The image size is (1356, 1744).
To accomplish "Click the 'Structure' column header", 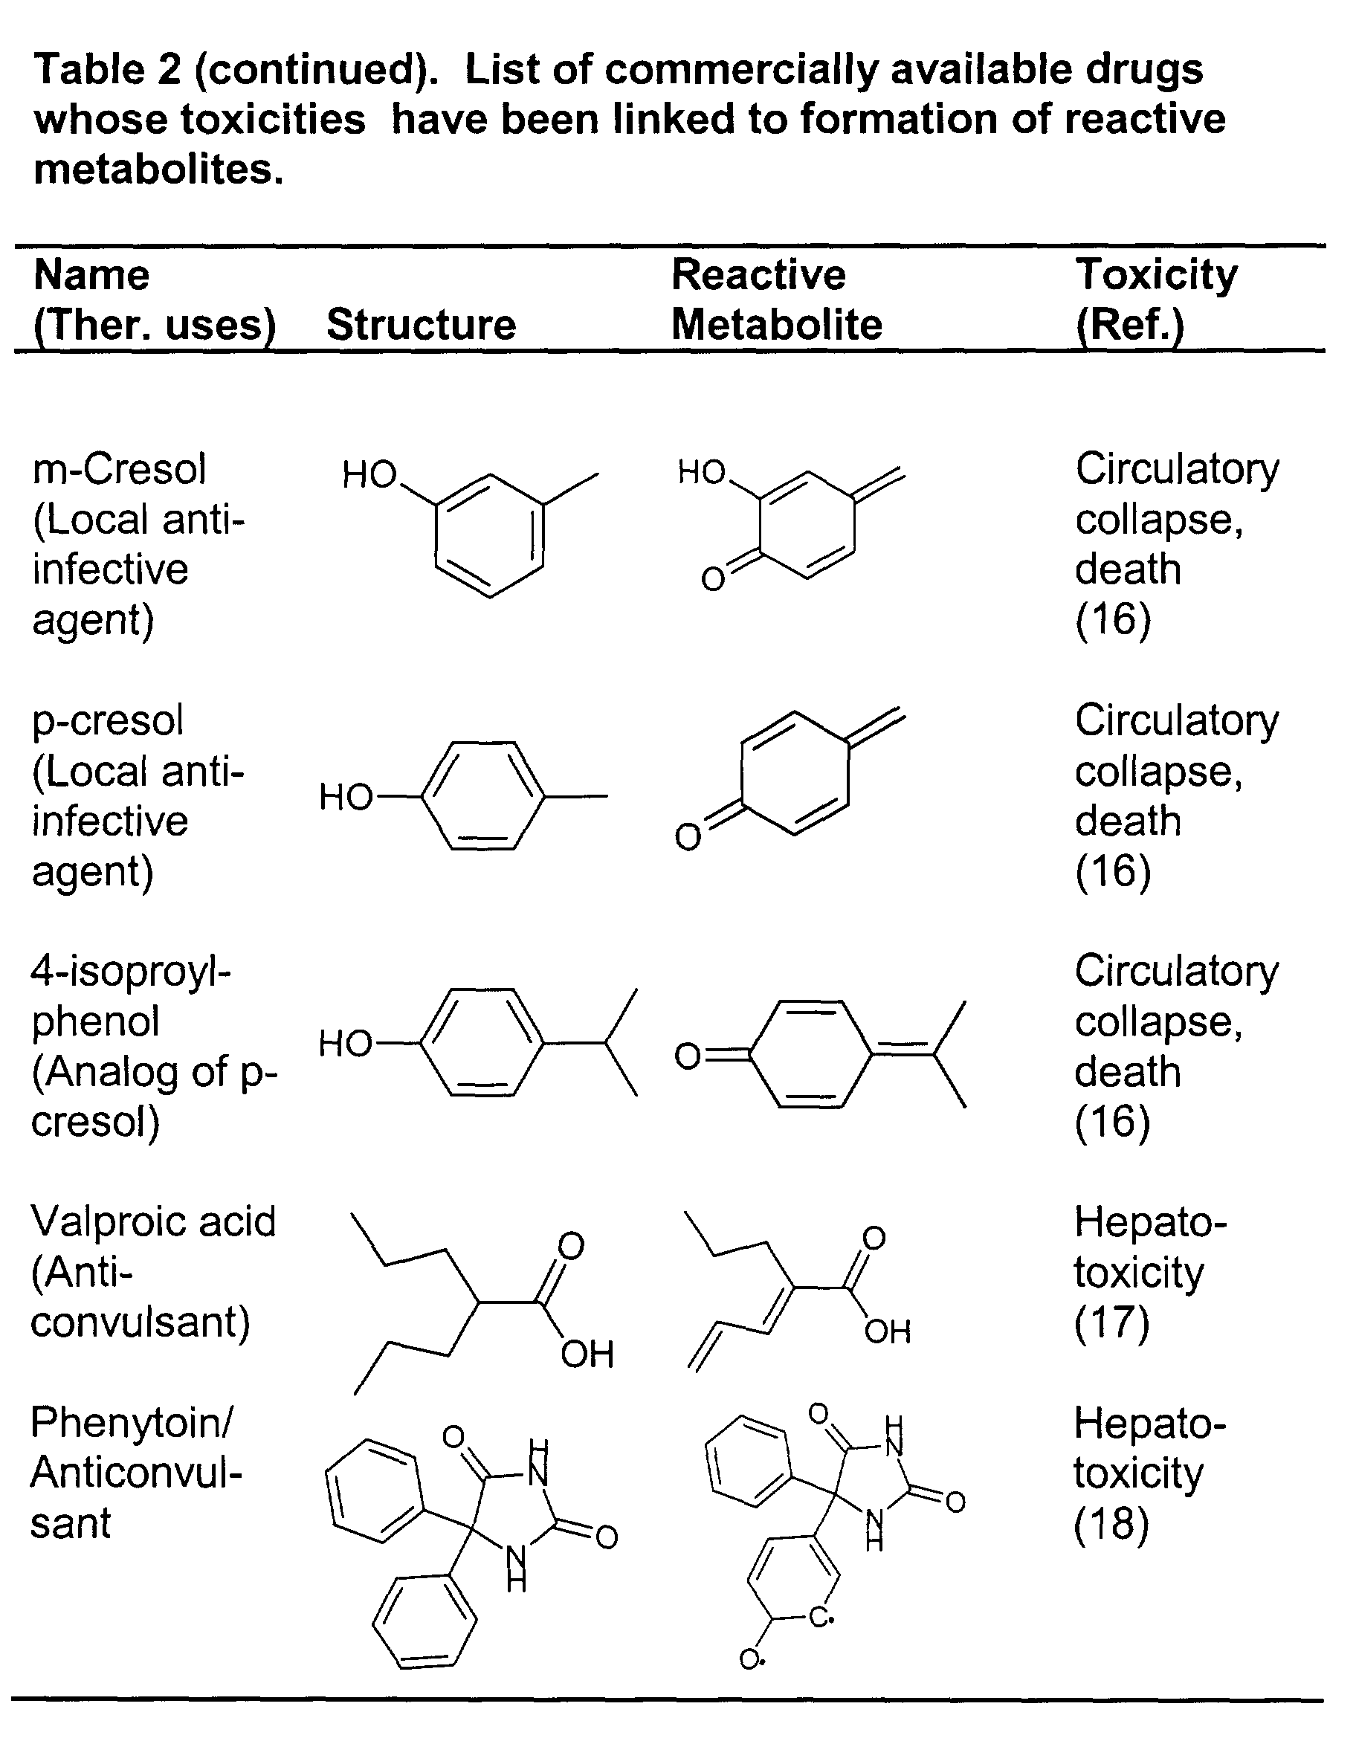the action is click(421, 325).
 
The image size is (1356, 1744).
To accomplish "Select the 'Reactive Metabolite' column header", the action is click(776, 300).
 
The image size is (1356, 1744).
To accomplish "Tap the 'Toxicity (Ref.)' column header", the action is click(1155, 300).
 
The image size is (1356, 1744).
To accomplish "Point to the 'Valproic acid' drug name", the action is click(153, 1221).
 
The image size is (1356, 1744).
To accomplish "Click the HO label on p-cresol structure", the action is click(346, 797).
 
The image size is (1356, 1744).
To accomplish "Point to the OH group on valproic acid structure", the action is click(587, 1354).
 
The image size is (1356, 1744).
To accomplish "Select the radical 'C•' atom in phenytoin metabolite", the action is click(821, 1618).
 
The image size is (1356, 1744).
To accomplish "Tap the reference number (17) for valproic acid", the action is click(1111, 1323).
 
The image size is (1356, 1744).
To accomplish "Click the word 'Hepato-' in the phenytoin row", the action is click(1150, 1424).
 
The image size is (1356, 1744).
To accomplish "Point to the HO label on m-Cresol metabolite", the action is click(701, 472).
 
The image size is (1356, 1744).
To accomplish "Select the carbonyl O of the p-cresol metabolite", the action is click(688, 837).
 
